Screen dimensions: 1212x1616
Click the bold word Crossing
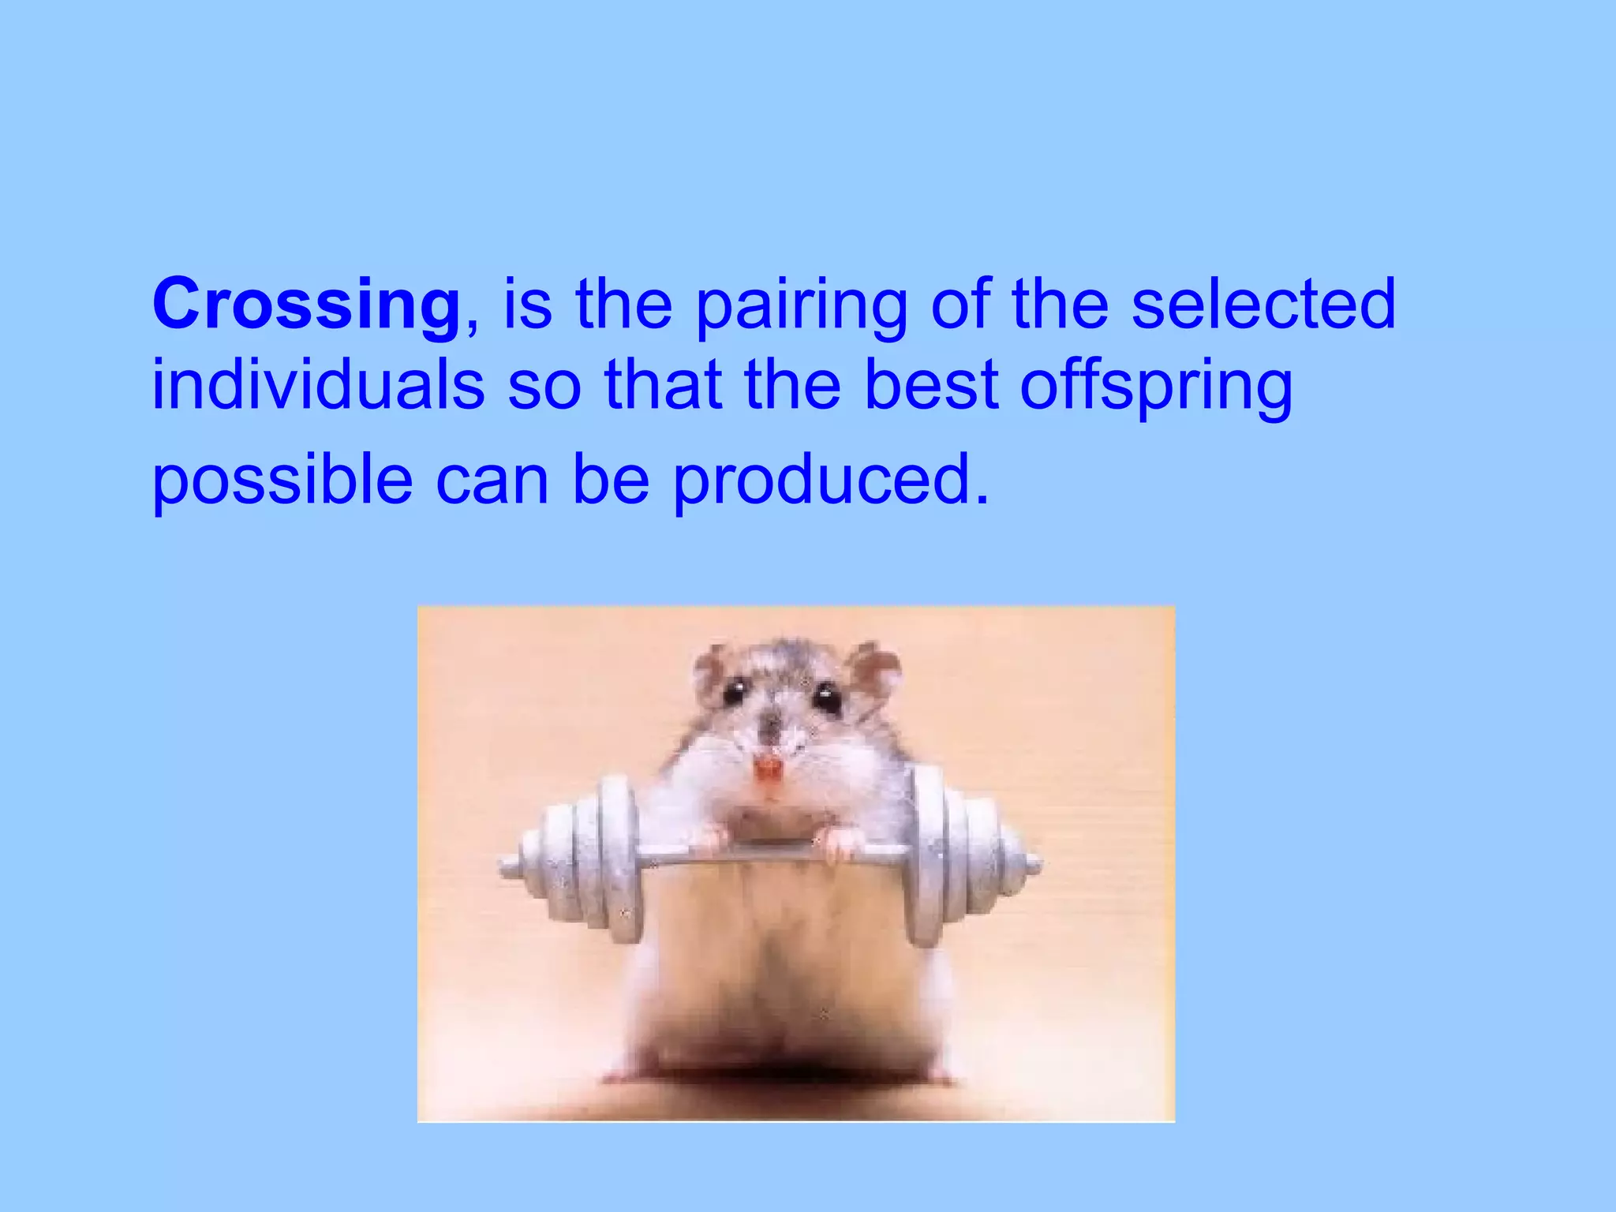point(306,306)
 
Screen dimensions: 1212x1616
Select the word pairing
point(801,308)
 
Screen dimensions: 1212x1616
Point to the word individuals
point(318,386)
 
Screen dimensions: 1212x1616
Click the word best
point(932,386)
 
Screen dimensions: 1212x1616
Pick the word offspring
point(1156,388)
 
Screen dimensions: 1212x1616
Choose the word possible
point(282,481)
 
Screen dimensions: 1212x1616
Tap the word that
point(663,386)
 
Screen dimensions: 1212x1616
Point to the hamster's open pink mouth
point(767,769)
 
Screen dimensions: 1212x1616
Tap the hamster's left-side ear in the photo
point(711,669)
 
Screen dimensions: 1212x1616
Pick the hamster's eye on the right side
point(828,698)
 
